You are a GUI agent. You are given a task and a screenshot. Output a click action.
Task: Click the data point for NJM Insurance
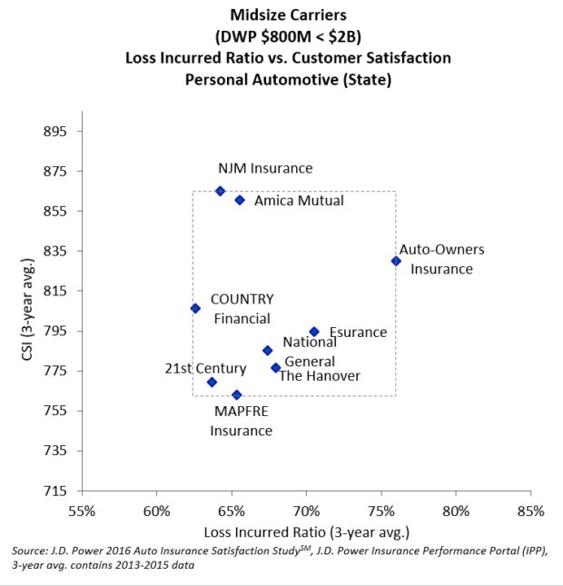tap(220, 191)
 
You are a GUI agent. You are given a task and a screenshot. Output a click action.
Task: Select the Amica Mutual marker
tap(240, 200)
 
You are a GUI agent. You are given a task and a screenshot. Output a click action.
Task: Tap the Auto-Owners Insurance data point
tap(396, 261)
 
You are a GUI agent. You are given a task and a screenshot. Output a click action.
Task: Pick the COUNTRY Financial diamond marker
tap(195, 308)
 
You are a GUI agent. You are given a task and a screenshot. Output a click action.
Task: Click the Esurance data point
tap(314, 332)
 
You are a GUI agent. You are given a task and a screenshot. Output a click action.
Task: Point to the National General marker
tap(267, 350)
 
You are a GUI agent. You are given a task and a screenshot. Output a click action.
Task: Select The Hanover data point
tap(276, 368)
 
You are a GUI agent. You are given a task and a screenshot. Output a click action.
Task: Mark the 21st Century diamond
tap(212, 382)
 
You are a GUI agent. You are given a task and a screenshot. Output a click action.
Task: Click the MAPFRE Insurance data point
tap(237, 394)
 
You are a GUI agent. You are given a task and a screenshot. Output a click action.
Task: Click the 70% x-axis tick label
tap(307, 510)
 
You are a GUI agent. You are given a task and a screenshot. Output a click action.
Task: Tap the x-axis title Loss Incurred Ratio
tap(307, 531)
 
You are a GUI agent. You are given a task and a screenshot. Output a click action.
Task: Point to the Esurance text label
tap(358, 333)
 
